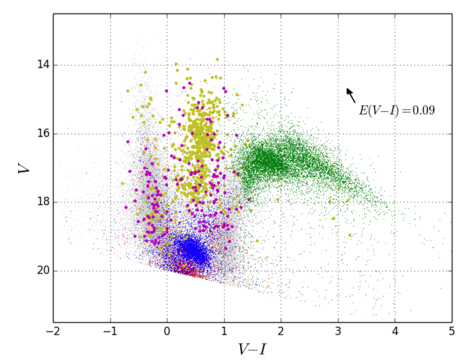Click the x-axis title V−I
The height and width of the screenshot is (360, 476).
pos(252,349)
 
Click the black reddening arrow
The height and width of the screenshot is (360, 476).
pos(350,95)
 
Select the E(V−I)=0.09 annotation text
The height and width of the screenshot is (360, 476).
pos(396,110)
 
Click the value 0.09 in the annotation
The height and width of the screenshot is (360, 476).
pos(423,110)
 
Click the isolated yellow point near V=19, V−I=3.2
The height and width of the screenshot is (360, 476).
pos(350,235)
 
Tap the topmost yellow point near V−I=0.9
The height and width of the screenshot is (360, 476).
pos(217,60)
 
